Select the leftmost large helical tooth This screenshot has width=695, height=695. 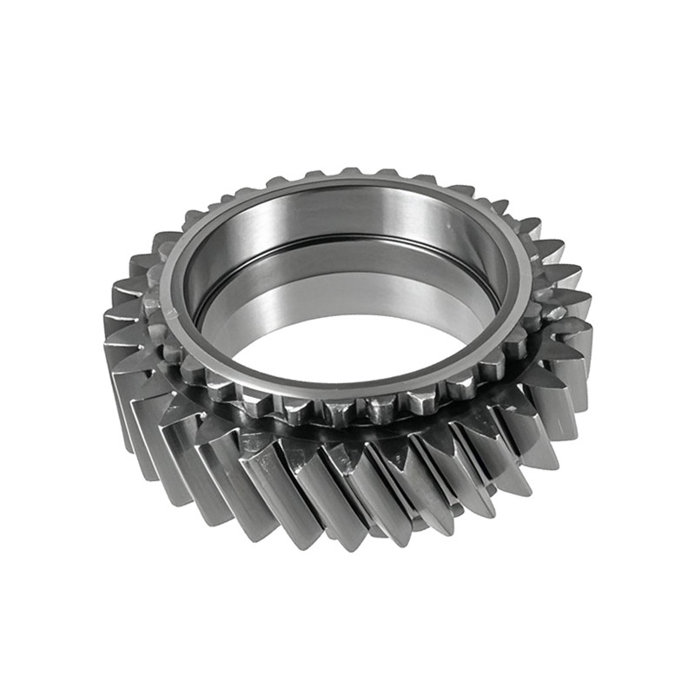(x=122, y=365)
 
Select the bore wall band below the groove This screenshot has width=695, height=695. (x=347, y=278)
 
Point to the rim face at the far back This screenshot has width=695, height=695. (x=347, y=182)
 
